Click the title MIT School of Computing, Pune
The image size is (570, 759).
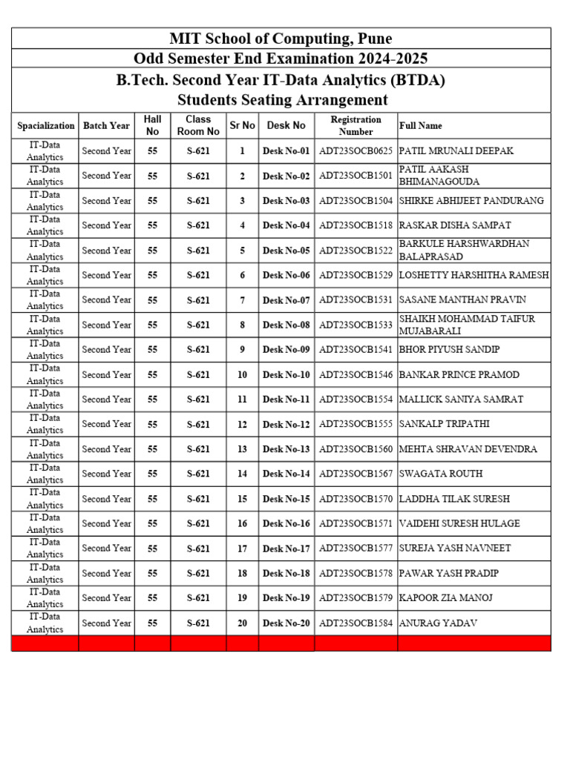[281, 39]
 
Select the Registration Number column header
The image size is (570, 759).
[356, 125]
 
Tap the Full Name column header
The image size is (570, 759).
[421, 126]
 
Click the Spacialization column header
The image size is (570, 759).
[45, 126]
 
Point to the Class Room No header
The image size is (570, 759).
[198, 125]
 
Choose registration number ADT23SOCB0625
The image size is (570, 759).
[356, 151]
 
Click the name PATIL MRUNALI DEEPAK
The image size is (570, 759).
[456, 151]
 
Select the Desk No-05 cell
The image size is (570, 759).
[286, 251]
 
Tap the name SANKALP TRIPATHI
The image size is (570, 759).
[445, 424]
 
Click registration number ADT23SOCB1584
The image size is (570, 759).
[356, 623]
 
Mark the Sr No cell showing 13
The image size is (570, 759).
[242, 449]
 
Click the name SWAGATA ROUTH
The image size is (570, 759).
[441, 474]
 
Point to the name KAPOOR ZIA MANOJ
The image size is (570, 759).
[446, 598]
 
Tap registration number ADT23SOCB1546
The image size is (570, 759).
[356, 375]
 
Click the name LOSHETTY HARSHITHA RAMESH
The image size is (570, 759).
[474, 275]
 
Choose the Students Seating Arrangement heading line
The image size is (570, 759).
[282, 99]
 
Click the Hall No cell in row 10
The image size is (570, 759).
[152, 375]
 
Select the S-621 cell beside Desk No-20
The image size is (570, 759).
[198, 623]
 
